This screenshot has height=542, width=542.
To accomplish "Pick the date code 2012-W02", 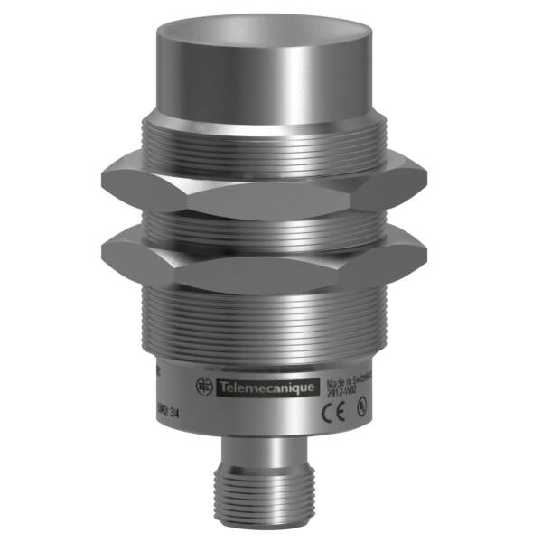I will coord(344,393).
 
